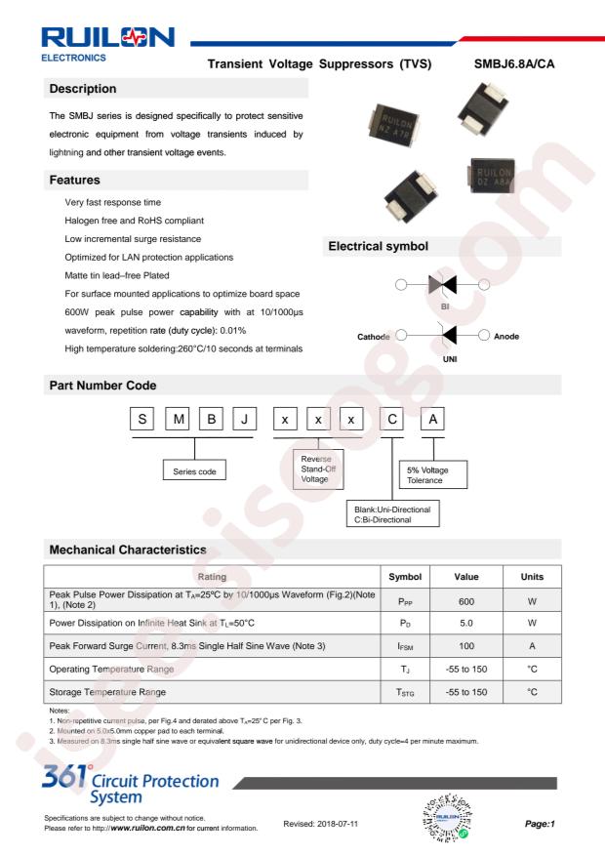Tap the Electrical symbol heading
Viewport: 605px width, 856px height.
point(379,246)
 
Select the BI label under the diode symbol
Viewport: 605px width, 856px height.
point(444,306)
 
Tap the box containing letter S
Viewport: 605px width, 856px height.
point(145,422)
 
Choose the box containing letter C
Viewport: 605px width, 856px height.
point(391,422)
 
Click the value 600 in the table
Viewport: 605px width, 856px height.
point(466,602)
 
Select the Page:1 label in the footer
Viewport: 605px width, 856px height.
point(539,824)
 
